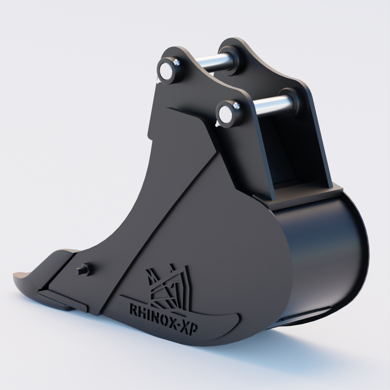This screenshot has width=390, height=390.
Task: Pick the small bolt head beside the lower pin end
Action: [236, 106]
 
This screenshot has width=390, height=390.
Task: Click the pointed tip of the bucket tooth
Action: [14, 276]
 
